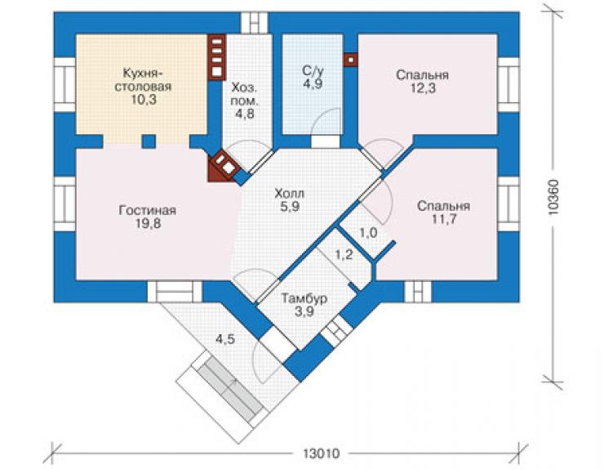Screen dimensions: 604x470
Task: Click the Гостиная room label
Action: point(148,210)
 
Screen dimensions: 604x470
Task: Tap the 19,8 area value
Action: point(148,223)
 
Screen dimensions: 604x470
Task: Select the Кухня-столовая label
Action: point(143,79)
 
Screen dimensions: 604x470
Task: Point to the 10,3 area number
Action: point(144,100)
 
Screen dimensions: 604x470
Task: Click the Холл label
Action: point(289,193)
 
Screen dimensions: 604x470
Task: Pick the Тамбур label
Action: point(304,298)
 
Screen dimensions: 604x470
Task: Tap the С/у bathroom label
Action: point(313,70)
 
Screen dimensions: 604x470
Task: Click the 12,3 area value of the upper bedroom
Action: point(423,88)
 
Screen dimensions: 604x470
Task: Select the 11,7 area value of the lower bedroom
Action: point(443,219)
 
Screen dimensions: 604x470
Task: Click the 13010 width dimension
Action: point(321,454)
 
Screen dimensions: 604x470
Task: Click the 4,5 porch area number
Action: point(225,339)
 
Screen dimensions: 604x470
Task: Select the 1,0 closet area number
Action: point(368,233)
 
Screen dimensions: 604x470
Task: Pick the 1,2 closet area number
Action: point(343,254)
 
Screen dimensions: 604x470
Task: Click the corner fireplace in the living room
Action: point(224,167)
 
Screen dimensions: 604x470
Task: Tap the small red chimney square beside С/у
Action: point(350,60)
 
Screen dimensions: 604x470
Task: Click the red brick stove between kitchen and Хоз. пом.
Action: point(216,57)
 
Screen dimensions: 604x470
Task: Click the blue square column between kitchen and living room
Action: point(149,141)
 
